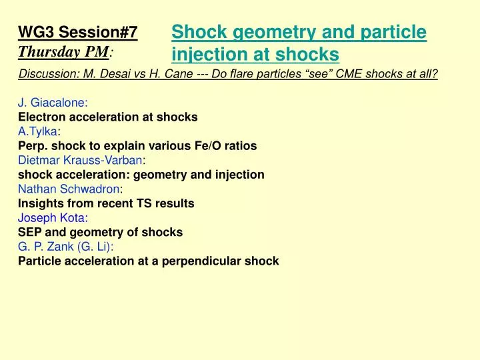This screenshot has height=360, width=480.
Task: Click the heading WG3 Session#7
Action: pos(77,32)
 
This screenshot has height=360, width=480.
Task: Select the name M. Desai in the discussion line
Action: pos(101,74)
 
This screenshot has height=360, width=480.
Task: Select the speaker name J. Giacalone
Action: pos(53,103)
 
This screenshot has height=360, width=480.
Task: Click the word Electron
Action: pos(41,117)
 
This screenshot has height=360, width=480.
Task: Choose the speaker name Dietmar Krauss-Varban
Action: pos(80,160)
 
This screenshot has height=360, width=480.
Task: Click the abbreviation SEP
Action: pos(30,233)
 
